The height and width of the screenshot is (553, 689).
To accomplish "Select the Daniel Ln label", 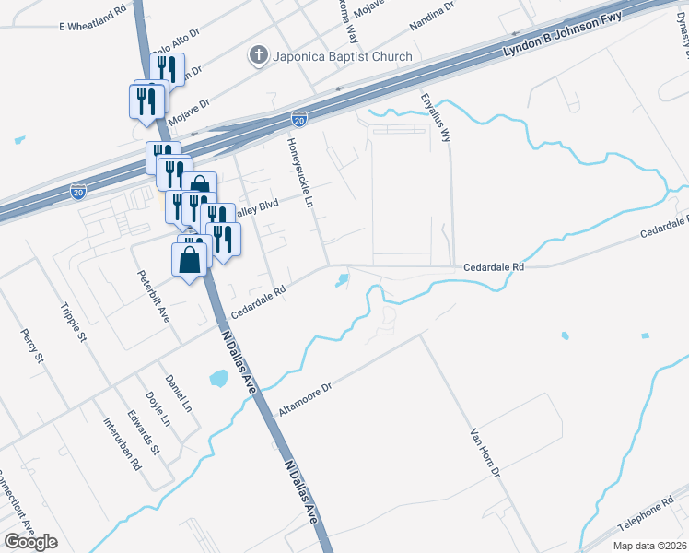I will (x=178, y=394).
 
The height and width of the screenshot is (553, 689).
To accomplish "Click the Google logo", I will (x=30, y=542).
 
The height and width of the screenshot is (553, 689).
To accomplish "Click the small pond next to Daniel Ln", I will (x=219, y=378).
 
